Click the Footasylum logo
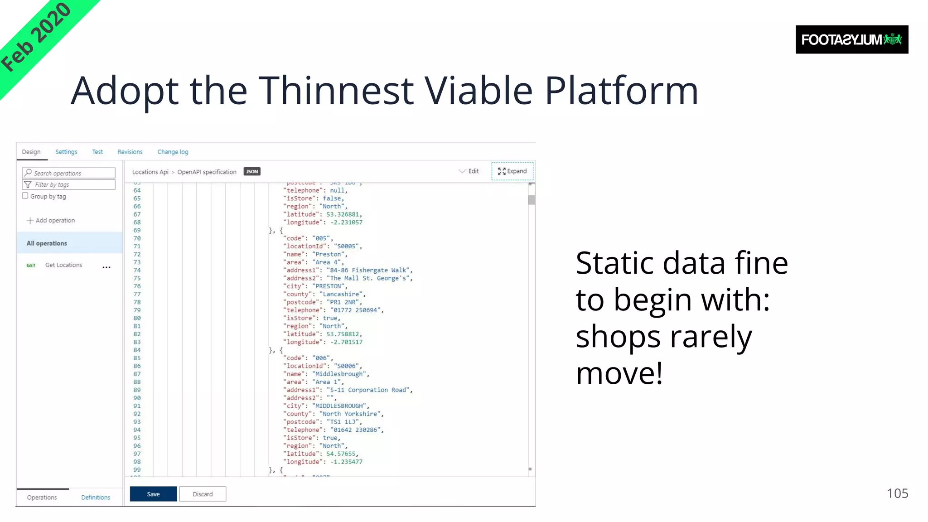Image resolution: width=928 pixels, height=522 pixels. click(x=851, y=40)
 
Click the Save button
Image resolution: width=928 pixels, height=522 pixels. click(x=153, y=494)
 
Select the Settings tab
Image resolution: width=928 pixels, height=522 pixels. click(x=66, y=152)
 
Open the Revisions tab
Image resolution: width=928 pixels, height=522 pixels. click(x=130, y=152)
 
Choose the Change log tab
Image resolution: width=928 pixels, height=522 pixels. click(x=173, y=152)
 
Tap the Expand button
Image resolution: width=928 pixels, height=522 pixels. click(x=512, y=171)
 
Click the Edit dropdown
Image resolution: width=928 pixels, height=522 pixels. click(x=469, y=171)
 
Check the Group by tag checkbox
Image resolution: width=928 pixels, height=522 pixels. click(x=25, y=196)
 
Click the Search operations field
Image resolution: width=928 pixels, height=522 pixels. click(x=69, y=173)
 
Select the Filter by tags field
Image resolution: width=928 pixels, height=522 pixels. click(x=69, y=184)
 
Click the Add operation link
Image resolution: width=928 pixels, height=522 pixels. click(x=51, y=220)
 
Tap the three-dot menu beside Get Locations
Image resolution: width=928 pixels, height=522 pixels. click(x=106, y=267)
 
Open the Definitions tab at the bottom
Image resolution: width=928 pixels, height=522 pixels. click(x=96, y=497)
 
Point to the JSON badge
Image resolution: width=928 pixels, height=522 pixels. click(x=252, y=171)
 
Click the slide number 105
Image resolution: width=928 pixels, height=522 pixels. click(x=897, y=493)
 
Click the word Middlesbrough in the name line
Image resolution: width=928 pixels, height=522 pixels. click(x=339, y=374)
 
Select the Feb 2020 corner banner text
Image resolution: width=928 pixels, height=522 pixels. click(x=36, y=37)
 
